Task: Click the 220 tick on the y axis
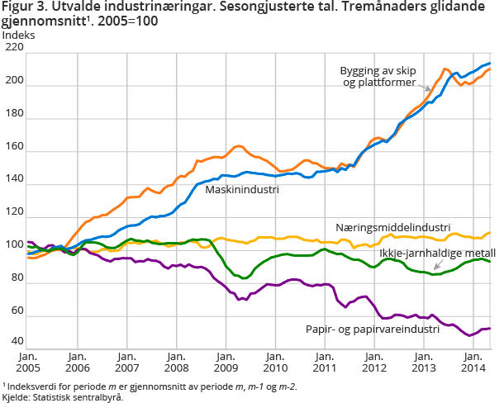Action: tap(13, 48)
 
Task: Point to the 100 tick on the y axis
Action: tap(13, 244)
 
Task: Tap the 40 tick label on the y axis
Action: tap(16, 342)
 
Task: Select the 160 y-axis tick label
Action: tap(13, 146)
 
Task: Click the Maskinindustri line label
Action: tap(240, 189)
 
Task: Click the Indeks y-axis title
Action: tap(20, 35)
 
